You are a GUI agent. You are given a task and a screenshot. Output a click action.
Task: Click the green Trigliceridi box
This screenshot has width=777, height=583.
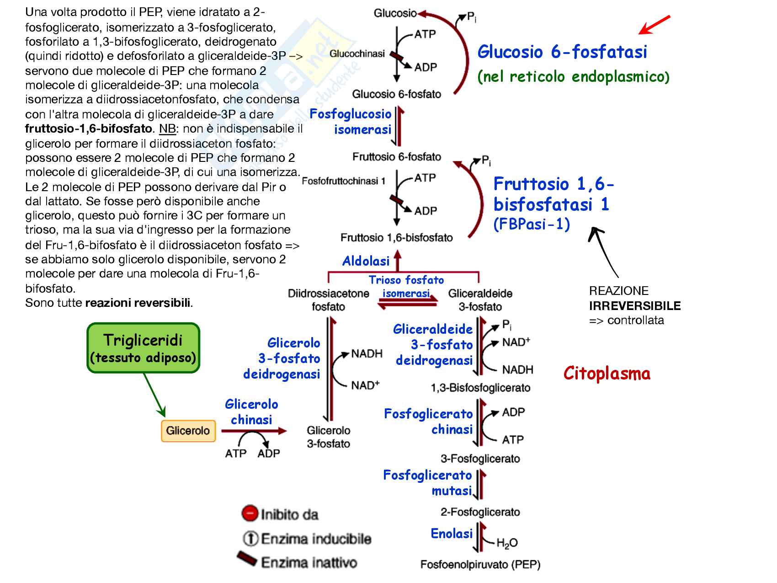[x=143, y=348]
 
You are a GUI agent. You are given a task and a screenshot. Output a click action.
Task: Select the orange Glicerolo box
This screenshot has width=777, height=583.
[x=188, y=431]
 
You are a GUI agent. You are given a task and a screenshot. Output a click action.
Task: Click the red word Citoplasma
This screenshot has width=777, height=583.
[x=607, y=374]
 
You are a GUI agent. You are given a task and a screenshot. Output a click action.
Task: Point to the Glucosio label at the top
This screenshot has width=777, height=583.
[x=395, y=13]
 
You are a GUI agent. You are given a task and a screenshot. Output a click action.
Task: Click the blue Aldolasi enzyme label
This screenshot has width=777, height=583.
[x=366, y=261]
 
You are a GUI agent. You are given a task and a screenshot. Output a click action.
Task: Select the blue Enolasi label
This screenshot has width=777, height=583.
[x=452, y=534]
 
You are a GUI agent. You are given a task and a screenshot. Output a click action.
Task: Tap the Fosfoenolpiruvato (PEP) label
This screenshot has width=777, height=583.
[x=480, y=565]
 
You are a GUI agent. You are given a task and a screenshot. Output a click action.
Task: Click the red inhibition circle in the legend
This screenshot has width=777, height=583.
[x=250, y=513]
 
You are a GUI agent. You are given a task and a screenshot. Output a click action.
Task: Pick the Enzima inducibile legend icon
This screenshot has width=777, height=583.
[x=250, y=539]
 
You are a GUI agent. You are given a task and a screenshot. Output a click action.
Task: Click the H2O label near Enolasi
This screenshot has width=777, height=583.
[x=507, y=543]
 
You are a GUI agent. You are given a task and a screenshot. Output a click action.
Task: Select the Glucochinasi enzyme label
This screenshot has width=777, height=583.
[x=357, y=54]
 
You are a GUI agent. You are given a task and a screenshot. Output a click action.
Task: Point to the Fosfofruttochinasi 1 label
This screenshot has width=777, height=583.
[x=343, y=181]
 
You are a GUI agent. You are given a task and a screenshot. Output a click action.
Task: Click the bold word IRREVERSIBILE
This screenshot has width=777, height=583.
[x=635, y=306]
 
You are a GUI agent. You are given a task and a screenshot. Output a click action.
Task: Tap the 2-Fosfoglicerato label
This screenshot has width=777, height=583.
[x=480, y=512]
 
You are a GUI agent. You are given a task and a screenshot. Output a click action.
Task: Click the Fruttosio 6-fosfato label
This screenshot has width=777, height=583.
[x=396, y=157]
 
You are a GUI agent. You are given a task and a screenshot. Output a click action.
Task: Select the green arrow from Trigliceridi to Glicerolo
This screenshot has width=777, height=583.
[x=154, y=394]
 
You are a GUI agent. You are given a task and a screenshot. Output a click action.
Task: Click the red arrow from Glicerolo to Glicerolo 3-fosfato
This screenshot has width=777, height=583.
[x=254, y=431]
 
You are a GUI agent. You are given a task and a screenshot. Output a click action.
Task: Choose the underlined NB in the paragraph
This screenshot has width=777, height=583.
[x=167, y=129]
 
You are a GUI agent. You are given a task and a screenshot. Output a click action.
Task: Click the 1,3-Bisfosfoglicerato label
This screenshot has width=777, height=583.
[x=480, y=388]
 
